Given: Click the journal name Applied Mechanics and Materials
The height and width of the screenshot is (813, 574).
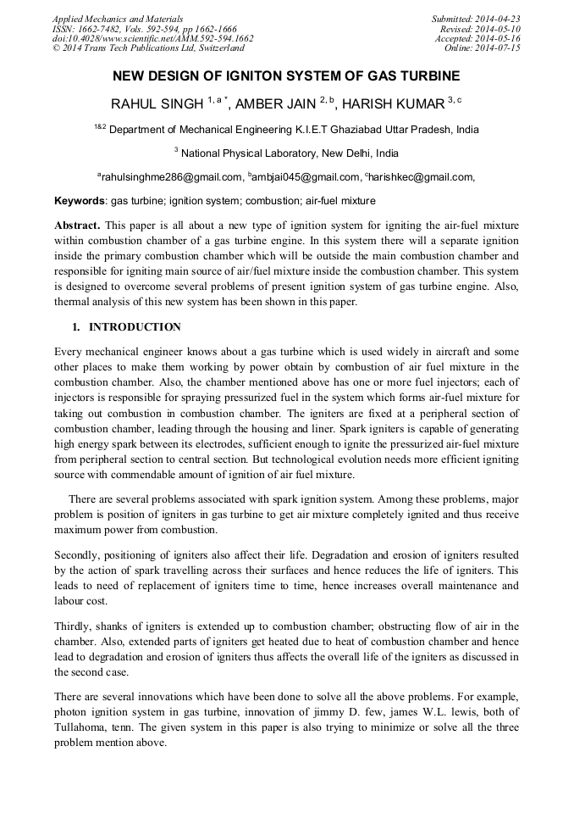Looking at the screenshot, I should (117, 19).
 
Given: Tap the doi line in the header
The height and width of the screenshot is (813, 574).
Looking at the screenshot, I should (152, 38).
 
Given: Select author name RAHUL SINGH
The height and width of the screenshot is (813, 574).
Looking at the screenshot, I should (157, 104).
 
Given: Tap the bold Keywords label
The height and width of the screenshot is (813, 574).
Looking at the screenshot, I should (80, 201).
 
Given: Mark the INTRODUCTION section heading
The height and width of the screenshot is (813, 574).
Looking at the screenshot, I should (135, 327).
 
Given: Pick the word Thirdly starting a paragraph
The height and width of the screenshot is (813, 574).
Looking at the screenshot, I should (74, 626).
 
